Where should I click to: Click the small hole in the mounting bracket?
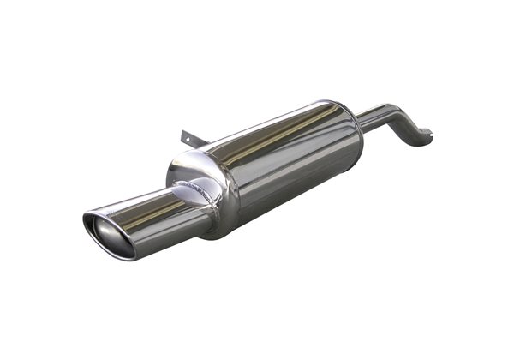tap(187, 133)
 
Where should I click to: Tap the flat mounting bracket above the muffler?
tap(189, 137)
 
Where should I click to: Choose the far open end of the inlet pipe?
tap(425, 137)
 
